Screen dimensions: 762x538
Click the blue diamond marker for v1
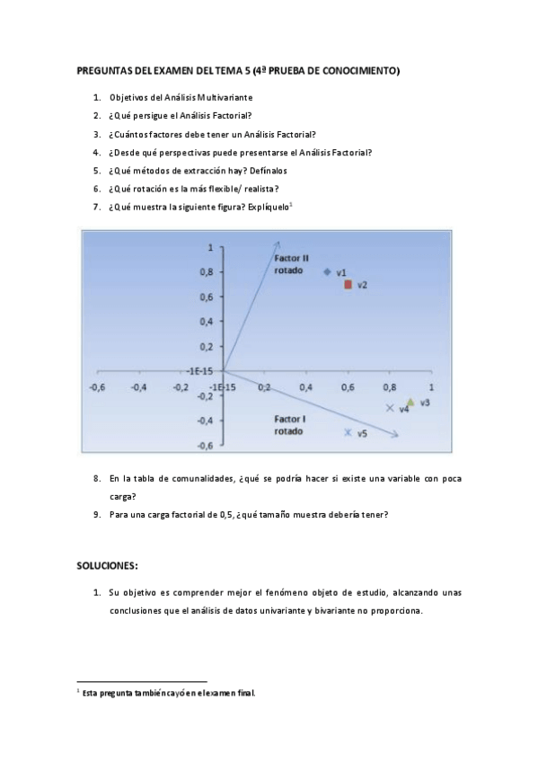coord(328,270)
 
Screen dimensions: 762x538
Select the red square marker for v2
coord(348,284)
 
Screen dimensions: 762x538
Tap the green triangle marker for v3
coord(410,403)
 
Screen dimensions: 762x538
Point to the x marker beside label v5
coord(348,432)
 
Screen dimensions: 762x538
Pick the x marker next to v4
coord(389,408)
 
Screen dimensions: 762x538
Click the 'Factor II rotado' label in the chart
coord(292,264)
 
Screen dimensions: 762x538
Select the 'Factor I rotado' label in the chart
coord(290,424)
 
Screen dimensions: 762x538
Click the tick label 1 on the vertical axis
coord(210,246)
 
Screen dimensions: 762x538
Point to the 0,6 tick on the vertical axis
coord(207,297)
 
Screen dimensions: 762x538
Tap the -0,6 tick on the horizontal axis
coord(98,387)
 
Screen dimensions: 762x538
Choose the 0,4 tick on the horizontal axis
coord(305,387)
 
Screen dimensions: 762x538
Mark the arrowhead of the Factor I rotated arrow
coord(394,436)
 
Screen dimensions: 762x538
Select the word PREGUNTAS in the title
coord(106,70)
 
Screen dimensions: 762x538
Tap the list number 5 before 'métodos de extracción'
coord(96,170)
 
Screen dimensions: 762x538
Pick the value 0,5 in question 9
coord(216,515)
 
